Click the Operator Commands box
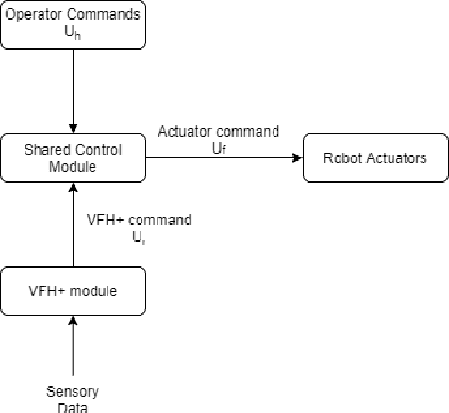pyautogui.click(x=73, y=25)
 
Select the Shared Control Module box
pyautogui.click(x=73, y=157)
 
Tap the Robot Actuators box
pyautogui.click(x=374, y=157)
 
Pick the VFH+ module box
pyautogui.click(x=73, y=290)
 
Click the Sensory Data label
pyautogui.click(x=73, y=399)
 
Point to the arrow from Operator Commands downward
pyautogui.click(x=73, y=91)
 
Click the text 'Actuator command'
pyautogui.click(x=218, y=132)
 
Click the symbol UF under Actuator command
pyautogui.click(x=218, y=146)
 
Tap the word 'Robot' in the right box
pyautogui.click(x=342, y=157)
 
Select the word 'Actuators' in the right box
pyautogui.click(x=392, y=157)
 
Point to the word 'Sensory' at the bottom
pyautogui.click(x=73, y=391)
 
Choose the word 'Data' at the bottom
pyautogui.click(x=73, y=406)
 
